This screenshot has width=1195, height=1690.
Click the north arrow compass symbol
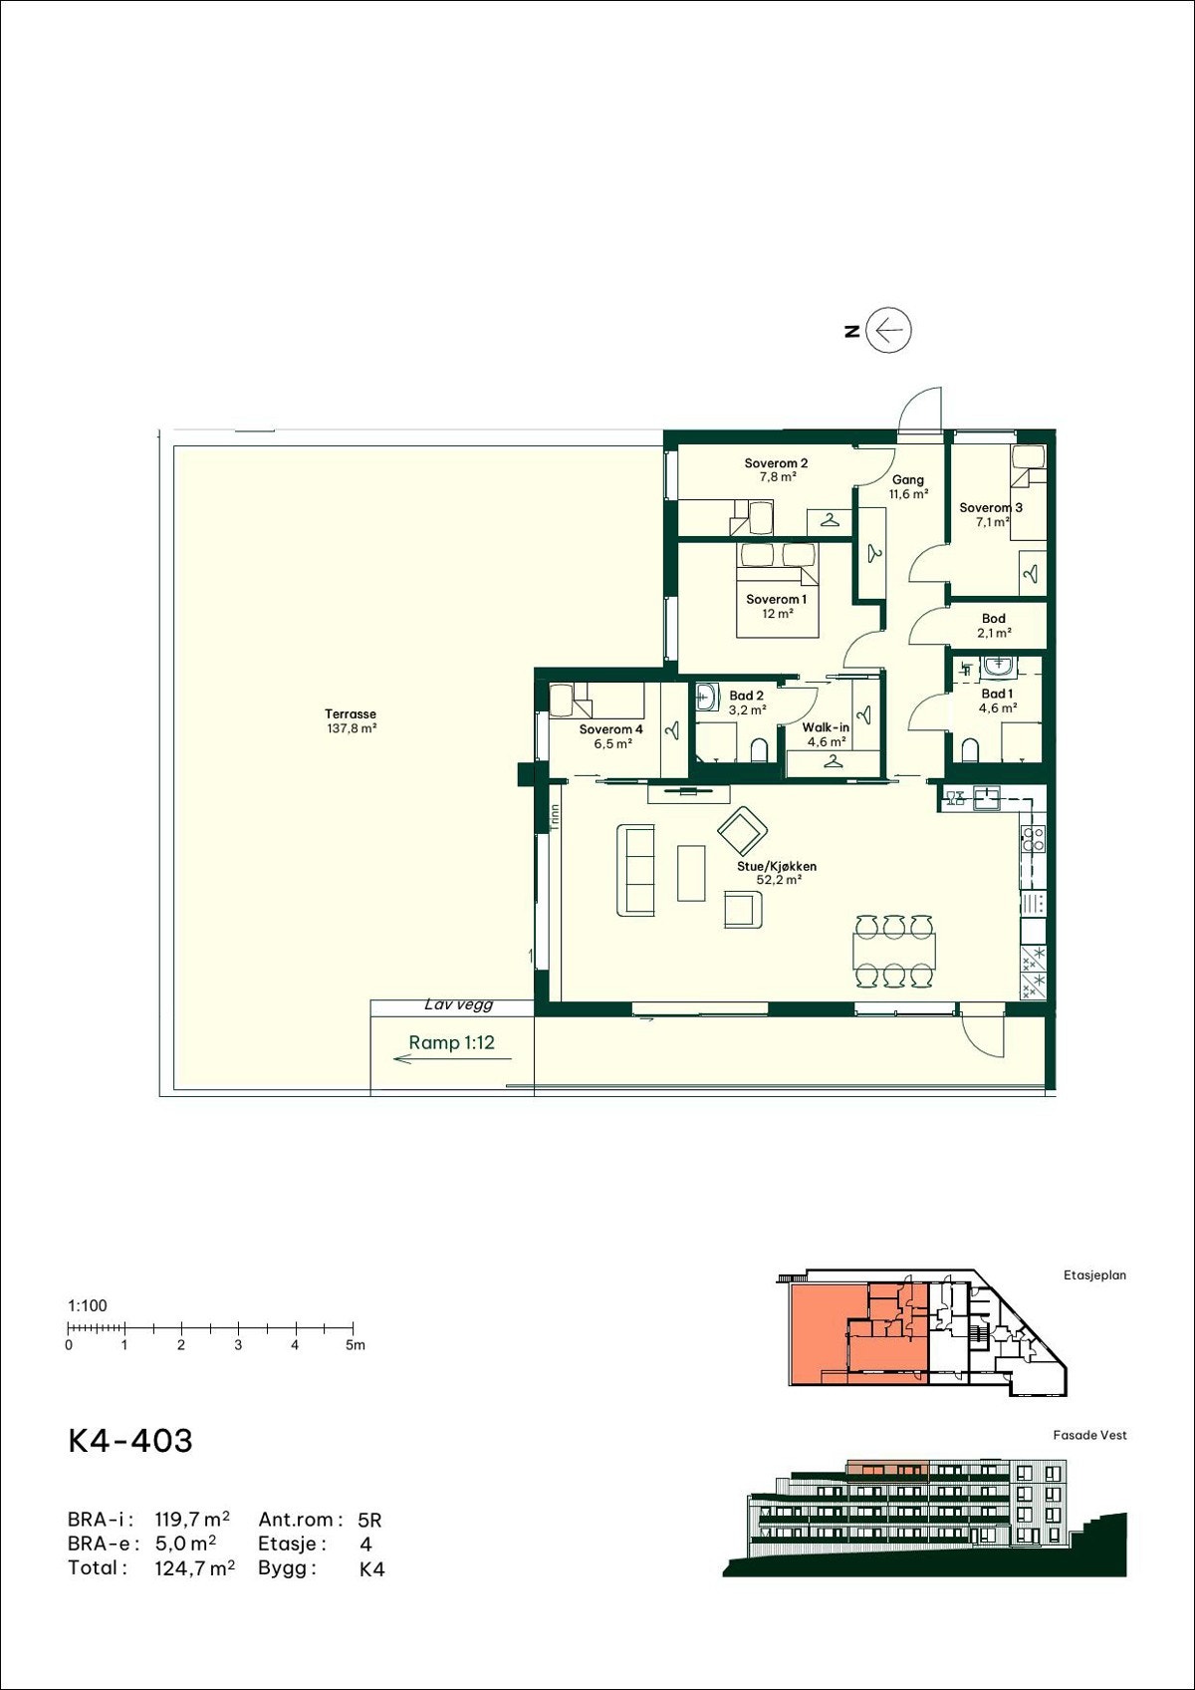click(889, 330)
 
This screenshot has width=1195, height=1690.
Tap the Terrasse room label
click(351, 721)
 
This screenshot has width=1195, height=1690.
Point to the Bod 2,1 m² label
click(994, 626)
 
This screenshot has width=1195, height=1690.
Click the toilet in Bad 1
click(970, 750)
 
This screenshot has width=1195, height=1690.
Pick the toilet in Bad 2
click(759, 750)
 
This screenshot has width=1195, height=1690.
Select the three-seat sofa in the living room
click(635, 871)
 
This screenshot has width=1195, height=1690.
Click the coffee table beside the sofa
click(691, 873)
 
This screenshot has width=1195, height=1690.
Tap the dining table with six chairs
click(894, 951)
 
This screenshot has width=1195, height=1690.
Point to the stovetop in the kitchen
click(1032, 839)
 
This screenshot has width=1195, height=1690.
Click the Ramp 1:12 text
click(452, 1042)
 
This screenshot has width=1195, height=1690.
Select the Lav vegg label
click(458, 1004)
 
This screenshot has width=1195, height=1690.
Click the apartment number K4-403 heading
click(130, 1440)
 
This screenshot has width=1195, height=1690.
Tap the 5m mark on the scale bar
click(356, 1344)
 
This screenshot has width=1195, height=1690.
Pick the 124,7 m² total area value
click(194, 1568)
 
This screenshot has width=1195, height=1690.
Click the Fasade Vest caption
click(1089, 1434)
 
